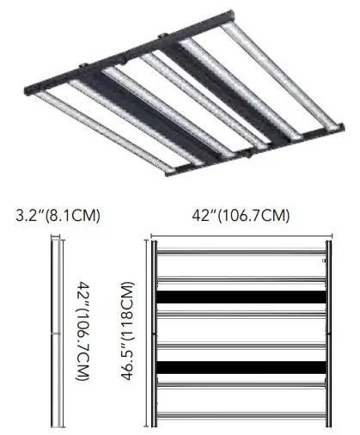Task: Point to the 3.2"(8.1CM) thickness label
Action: click(x=58, y=215)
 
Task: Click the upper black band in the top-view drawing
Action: click(x=241, y=299)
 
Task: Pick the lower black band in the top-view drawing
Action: click(x=241, y=368)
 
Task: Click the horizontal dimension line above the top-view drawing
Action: click(x=241, y=233)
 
